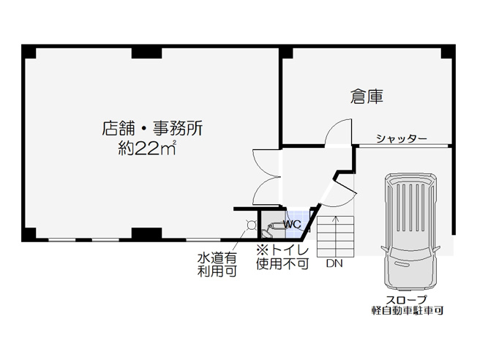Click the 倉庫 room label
[367, 97]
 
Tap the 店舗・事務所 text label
[152, 129]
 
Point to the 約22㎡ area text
[147, 149]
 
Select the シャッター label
[401, 139]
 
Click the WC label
[292, 225]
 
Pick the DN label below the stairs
[334, 263]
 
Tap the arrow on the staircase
[336, 231]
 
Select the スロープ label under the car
[406, 300]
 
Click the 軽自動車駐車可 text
[407, 310]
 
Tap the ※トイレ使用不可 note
[282, 257]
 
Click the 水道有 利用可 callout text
[217, 265]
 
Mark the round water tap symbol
[251, 225]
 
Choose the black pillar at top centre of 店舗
[146, 53]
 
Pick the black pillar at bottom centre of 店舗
[146, 233]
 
